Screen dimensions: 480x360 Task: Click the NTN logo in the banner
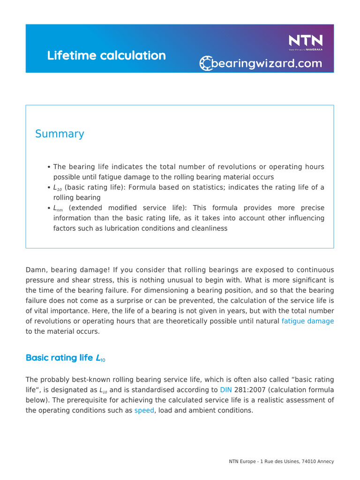305,41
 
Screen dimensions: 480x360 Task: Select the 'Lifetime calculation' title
106,55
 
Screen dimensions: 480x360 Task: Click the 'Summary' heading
60,134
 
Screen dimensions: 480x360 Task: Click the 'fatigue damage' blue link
307,321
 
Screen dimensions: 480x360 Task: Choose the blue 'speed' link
144,410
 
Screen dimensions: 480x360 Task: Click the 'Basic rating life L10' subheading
66,358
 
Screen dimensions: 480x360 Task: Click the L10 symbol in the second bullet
58,188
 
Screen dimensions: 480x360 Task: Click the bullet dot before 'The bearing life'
49,167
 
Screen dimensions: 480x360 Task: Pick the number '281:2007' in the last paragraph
248,390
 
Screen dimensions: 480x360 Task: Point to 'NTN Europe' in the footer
241,462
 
